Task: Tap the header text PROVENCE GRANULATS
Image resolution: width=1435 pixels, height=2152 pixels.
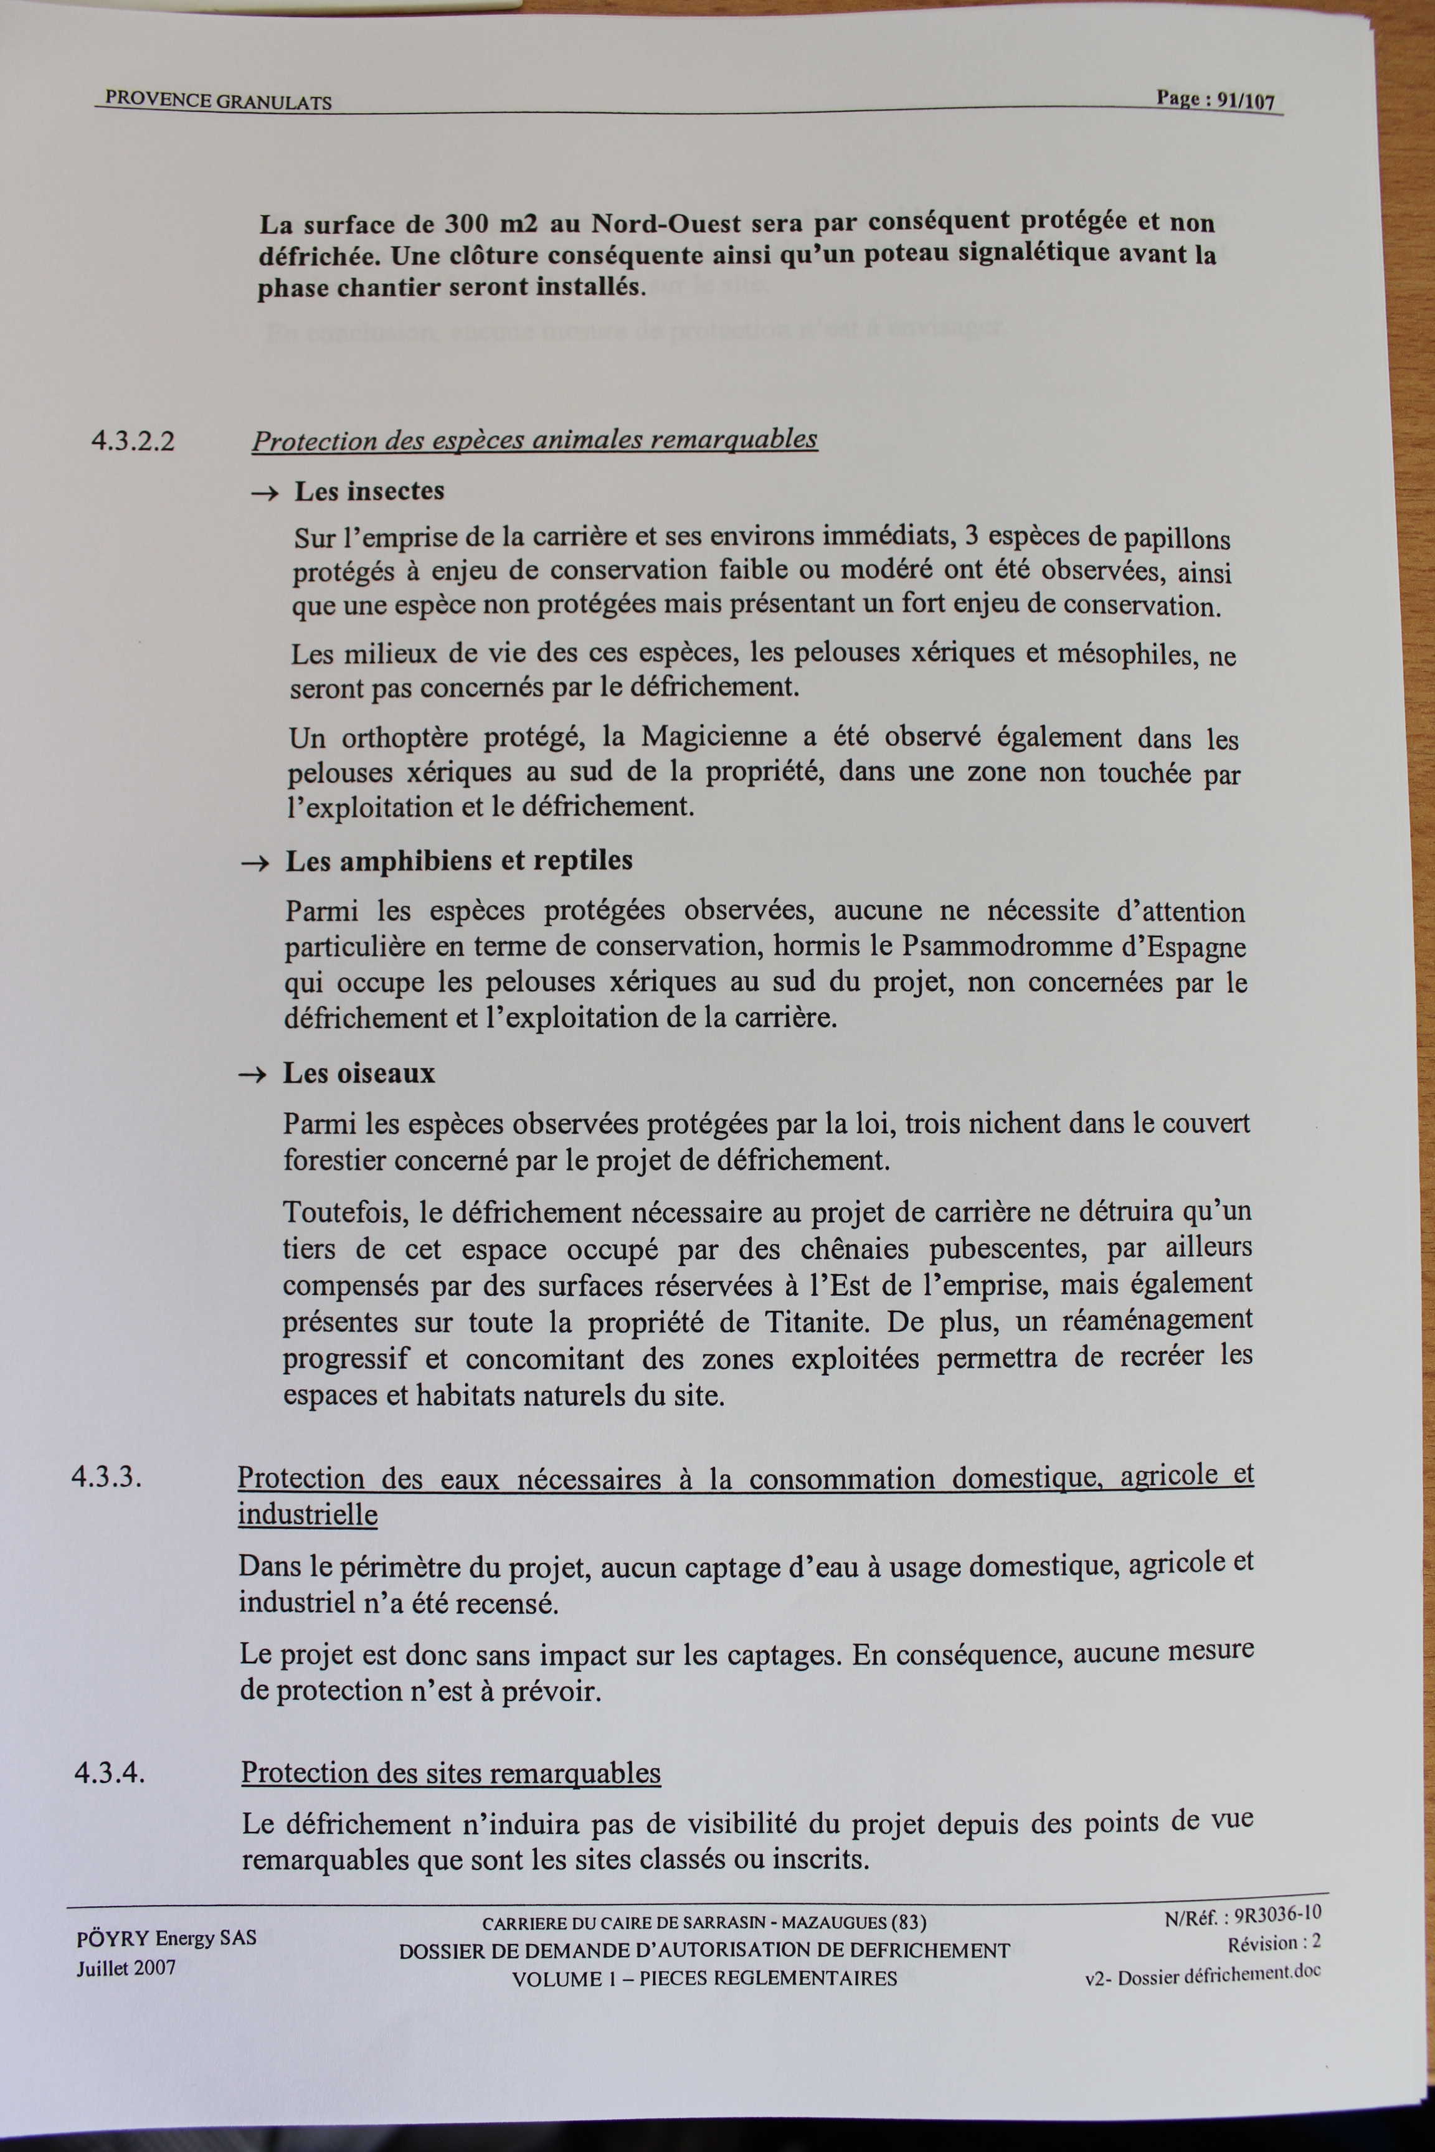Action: coord(218,101)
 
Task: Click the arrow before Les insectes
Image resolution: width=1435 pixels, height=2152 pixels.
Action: coord(265,493)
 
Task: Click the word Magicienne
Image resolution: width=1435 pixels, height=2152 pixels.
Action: coord(713,737)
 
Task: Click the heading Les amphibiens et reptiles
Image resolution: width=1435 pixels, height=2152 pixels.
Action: coord(458,861)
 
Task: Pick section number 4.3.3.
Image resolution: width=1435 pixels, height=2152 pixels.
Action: coord(107,1478)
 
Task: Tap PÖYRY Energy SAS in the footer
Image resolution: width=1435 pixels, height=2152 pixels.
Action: coord(166,1938)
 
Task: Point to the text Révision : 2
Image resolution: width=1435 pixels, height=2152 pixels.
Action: coord(1274,1943)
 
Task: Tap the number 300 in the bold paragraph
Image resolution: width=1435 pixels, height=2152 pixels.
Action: coord(468,224)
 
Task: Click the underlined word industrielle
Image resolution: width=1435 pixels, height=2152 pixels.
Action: coord(308,1514)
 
